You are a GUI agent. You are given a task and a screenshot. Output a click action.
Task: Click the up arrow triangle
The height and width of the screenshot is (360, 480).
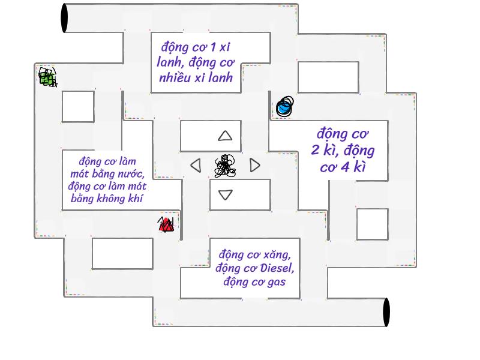click(225, 136)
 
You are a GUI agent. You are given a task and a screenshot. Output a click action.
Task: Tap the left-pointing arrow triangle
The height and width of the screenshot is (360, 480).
click(196, 166)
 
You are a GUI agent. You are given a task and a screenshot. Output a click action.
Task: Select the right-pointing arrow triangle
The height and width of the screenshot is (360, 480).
click(254, 165)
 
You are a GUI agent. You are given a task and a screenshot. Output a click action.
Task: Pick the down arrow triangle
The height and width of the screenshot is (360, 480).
click(226, 194)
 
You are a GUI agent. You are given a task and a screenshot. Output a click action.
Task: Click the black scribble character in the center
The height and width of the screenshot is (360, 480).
click(225, 166)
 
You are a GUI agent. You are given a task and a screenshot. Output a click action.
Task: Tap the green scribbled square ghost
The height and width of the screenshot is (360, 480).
click(47, 77)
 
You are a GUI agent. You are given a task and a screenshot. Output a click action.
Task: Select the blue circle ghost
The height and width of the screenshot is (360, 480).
click(284, 106)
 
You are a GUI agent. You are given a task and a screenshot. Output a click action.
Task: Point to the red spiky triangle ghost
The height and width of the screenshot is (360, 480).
click(166, 224)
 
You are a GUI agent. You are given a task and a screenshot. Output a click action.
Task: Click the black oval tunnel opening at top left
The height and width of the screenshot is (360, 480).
click(64, 18)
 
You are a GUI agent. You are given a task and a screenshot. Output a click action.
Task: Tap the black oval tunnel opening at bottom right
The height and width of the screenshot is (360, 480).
click(386, 312)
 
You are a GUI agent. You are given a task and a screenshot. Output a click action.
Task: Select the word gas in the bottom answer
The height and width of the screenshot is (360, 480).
click(277, 282)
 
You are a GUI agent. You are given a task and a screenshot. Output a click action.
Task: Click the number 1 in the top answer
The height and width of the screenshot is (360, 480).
click(213, 47)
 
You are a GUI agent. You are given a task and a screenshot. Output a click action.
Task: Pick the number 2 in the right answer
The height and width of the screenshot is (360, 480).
click(316, 150)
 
